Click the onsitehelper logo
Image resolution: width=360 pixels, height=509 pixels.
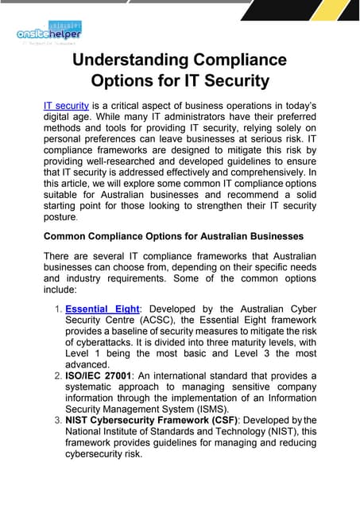click(48, 33)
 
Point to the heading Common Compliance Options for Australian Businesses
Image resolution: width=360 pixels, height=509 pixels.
click(173, 235)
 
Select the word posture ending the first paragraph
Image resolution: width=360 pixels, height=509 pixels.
click(60, 217)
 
